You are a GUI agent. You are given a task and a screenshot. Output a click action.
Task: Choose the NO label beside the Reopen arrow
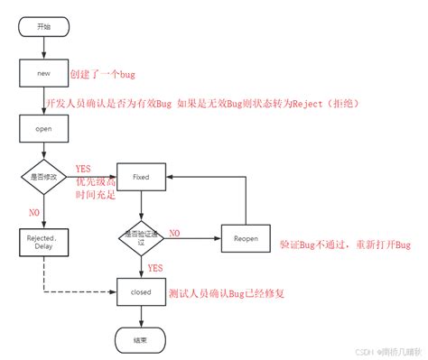pyautogui.click(x=174, y=233)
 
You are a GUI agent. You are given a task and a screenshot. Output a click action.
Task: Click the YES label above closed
pyautogui.click(x=154, y=268)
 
